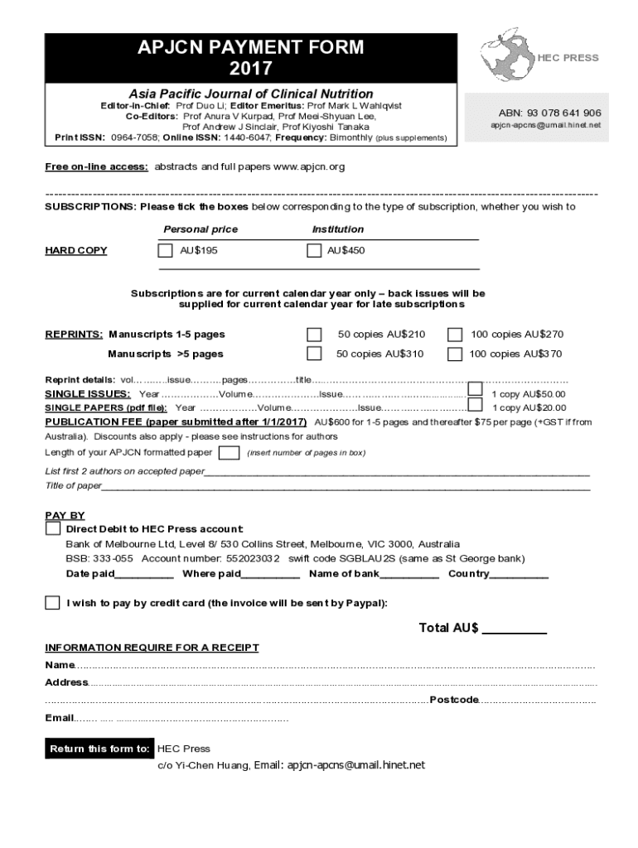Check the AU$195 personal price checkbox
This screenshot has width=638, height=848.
[165, 250]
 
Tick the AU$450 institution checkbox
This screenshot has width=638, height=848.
[313, 250]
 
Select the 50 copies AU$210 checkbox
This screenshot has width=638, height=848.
[314, 335]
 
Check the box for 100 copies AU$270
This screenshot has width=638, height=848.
[455, 335]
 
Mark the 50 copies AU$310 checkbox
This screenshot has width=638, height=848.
[314, 354]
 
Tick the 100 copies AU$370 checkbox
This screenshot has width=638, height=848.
[455, 354]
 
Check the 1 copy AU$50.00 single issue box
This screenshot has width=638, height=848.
[475, 389]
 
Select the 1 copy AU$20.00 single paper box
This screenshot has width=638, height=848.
[475, 405]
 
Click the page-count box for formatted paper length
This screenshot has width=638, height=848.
[229, 452]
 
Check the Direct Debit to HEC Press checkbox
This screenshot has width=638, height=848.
[53, 528]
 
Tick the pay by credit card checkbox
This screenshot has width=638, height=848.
[53, 602]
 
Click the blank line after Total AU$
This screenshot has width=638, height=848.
[514, 629]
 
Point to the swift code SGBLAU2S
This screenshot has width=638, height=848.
[364, 559]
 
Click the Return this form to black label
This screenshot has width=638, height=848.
[99, 749]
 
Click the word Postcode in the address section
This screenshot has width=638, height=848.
[453, 700]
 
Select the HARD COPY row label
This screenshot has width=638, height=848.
[75, 251]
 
